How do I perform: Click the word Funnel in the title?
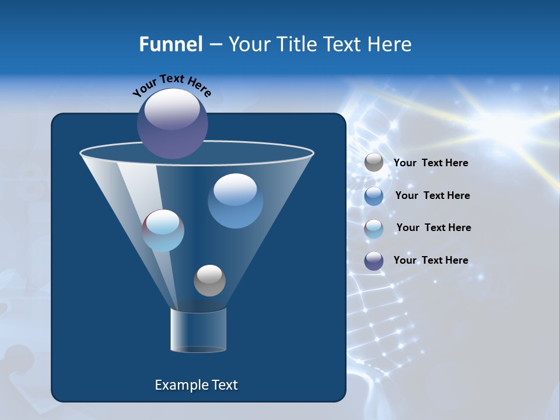pyautogui.click(x=170, y=44)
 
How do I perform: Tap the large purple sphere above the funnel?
pyautogui.click(x=172, y=123)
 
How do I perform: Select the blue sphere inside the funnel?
pyautogui.click(x=235, y=201)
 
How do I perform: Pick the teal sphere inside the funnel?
pyautogui.click(x=163, y=230)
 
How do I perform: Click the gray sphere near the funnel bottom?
pyautogui.click(x=209, y=280)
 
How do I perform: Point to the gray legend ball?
pyautogui.click(x=374, y=163)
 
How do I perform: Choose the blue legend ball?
pyautogui.click(x=374, y=195)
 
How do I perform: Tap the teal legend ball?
pyautogui.click(x=374, y=228)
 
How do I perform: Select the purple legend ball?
pyautogui.click(x=374, y=261)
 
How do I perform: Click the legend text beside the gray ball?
pyautogui.click(x=430, y=163)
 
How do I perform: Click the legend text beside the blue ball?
pyautogui.click(x=432, y=195)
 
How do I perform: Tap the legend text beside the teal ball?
pyautogui.click(x=433, y=228)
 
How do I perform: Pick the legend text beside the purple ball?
pyautogui.click(x=430, y=260)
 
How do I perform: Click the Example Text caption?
pyautogui.click(x=196, y=385)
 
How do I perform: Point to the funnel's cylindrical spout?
pyautogui.click(x=198, y=330)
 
